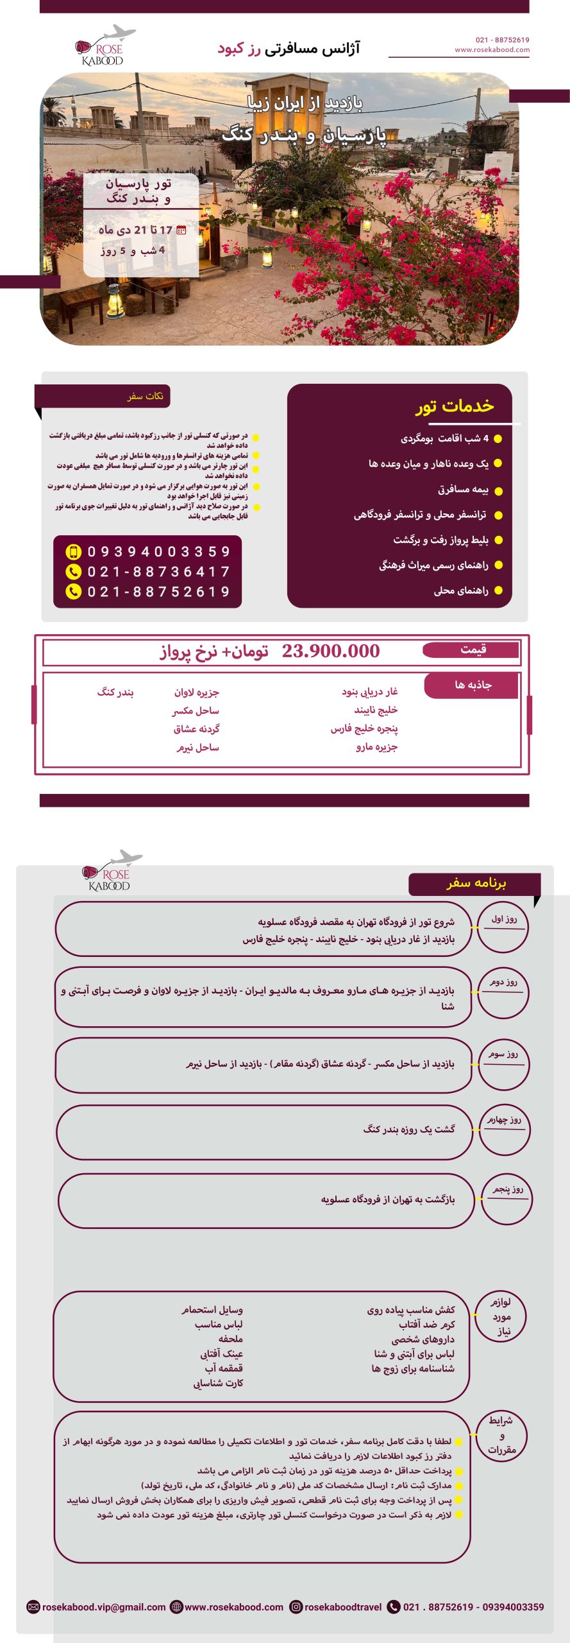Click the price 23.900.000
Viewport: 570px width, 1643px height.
coord(330,651)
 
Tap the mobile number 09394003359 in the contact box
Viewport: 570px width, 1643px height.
coord(158,552)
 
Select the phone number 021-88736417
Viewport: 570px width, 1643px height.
coord(158,572)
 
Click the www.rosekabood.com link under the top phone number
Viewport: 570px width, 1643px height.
coord(492,49)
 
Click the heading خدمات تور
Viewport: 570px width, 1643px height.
coord(455,406)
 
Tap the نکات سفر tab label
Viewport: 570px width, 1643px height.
coord(145,396)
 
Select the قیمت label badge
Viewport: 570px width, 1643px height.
coord(473,649)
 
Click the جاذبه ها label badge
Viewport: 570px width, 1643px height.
coord(473,685)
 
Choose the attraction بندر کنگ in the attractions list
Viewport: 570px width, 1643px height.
coord(115,692)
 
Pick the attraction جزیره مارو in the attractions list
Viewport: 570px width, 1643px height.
coord(376,746)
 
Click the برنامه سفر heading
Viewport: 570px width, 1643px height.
coord(476,883)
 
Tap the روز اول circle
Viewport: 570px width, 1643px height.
coord(503,927)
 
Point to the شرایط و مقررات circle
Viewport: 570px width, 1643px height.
coord(501,1435)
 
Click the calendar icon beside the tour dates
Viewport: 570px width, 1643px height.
coord(181,230)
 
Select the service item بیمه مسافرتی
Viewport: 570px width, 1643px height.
coord(463,490)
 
